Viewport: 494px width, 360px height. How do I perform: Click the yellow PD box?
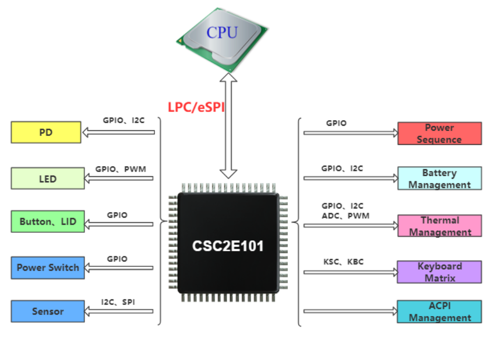pyautogui.click(x=46, y=132)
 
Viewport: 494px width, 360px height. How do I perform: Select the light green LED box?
pyautogui.click(x=47, y=179)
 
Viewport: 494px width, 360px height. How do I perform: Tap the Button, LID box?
pyautogui.click(x=47, y=222)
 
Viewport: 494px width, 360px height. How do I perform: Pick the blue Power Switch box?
pyautogui.click(x=47, y=268)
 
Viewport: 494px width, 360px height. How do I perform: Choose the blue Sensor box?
pyautogui.click(x=47, y=311)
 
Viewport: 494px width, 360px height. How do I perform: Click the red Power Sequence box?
pyautogui.click(x=439, y=134)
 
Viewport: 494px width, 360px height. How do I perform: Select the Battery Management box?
pyautogui.click(x=439, y=179)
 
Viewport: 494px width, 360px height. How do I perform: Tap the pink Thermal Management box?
pyautogui.click(x=439, y=226)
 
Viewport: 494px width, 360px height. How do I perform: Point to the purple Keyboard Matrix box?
pyautogui.click(x=439, y=272)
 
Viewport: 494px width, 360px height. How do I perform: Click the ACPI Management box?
pyautogui.click(x=439, y=312)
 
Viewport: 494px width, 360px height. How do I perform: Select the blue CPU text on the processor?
pyautogui.click(x=222, y=33)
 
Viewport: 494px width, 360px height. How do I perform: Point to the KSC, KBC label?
pyautogui.click(x=343, y=262)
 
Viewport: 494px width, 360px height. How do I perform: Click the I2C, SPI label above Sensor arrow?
pyautogui.click(x=118, y=302)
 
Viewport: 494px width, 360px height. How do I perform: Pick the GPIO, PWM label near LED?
pyautogui.click(x=121, y=169)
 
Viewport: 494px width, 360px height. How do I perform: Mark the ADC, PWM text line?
pyautogui.click(x=345, y=216)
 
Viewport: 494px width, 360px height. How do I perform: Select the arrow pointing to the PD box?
pyautogui.click(x=119, y=132)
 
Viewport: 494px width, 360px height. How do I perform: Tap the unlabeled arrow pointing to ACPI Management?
pyautogui.click(x=351, y=312)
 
